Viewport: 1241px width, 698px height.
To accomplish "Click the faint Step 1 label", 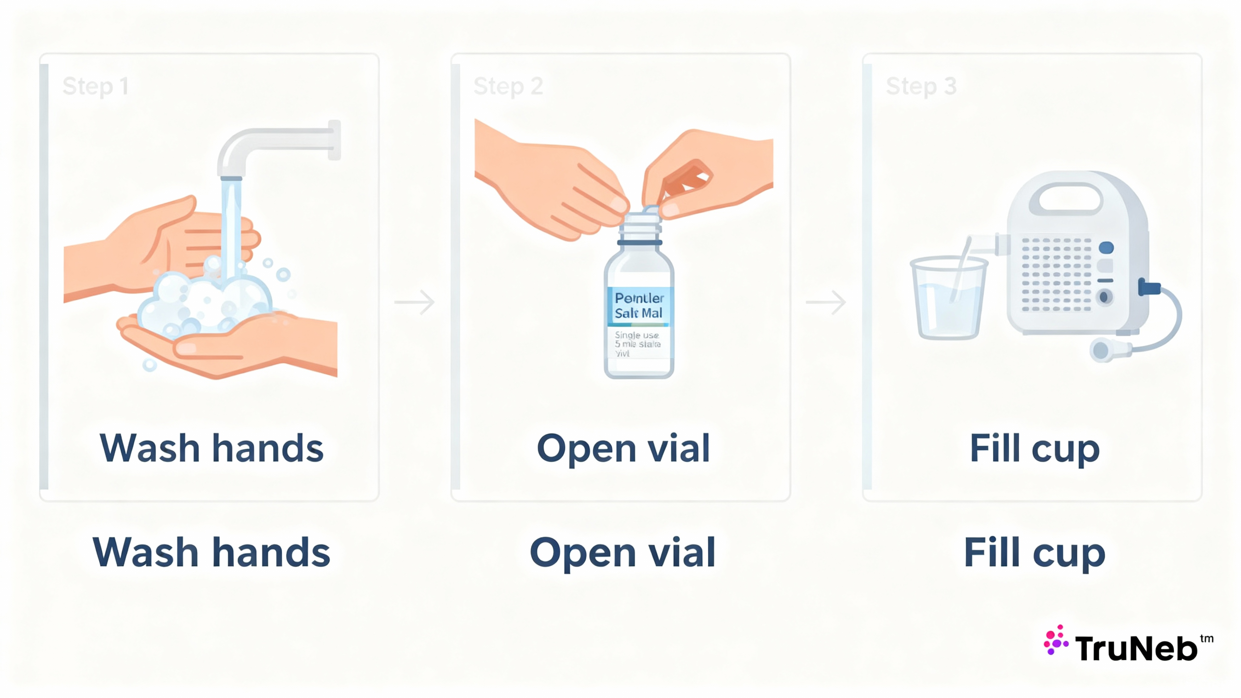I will [95, 87].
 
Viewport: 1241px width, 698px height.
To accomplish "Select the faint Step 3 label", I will [921, 87].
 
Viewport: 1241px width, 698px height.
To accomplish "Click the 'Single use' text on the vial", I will [636, 335].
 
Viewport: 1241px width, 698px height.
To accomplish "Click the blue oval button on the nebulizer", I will [1106, 248].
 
